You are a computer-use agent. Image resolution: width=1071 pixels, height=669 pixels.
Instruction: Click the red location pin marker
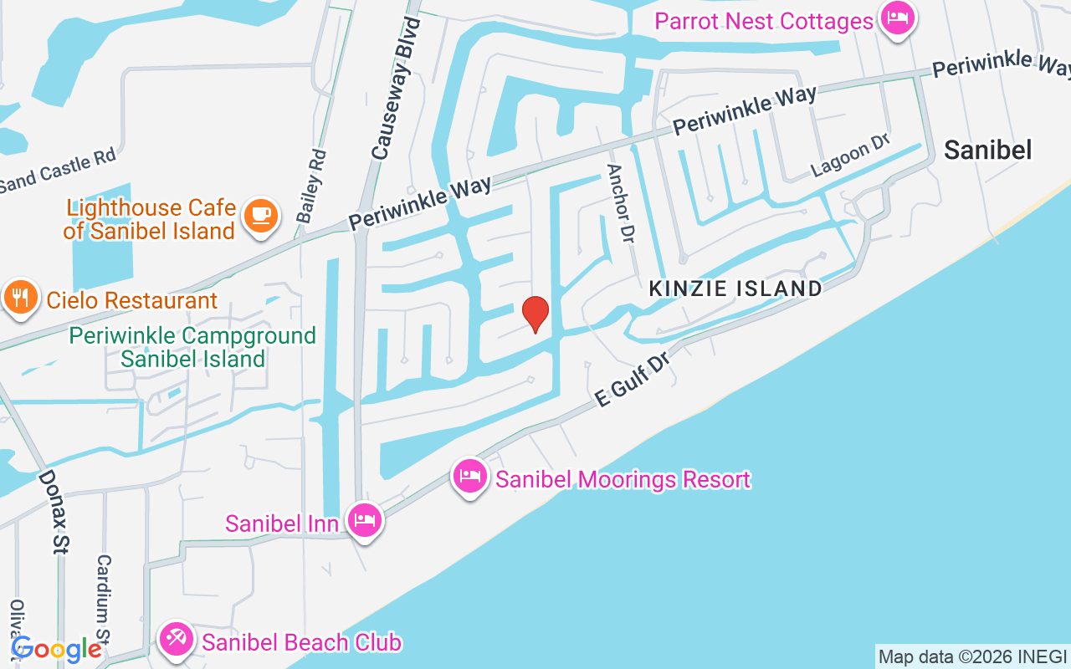pyautogui.click(x=535, y=313)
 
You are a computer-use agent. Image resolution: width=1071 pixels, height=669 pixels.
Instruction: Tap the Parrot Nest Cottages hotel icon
pyautogui.click(x=898, y=18)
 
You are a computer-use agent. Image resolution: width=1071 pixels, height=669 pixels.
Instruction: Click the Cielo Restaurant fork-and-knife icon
pyautogui.click(x=21, y=297)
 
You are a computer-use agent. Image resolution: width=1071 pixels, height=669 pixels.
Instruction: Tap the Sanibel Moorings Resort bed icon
pyautogui.click(x=470, y=477)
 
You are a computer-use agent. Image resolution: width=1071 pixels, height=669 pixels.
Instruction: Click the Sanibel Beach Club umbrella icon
pyautogui.click(x=177, y=640)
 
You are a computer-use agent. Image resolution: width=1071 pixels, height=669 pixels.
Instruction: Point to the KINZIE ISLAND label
pyautogui.click(x=736, y=289)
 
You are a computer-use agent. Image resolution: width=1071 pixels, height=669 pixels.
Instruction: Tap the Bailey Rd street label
pyautogui.click(x=310, y=186)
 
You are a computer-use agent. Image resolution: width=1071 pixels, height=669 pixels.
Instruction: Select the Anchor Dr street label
pyautogui.click(x=618, y=203)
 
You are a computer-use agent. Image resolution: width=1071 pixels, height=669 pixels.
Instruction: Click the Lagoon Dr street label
pyautogui.click(x=849, y=155)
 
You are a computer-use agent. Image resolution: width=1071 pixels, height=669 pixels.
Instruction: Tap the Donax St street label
pyautogui.click(x=53, y=512)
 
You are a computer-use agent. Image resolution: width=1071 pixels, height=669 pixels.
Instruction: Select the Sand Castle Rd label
pyautogui.click(x=57, y=171)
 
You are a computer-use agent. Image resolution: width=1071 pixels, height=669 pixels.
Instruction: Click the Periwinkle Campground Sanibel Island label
pyautogui.click(x=192, y=347)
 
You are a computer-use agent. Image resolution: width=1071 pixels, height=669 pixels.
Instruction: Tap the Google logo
pyautogui.click(x=56, y=649)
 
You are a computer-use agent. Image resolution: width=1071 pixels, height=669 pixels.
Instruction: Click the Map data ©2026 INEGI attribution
pyautogui.click(x=972, y=656)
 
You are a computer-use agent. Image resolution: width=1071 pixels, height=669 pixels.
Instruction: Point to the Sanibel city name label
pyautogui.click(x=987, y=149)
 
